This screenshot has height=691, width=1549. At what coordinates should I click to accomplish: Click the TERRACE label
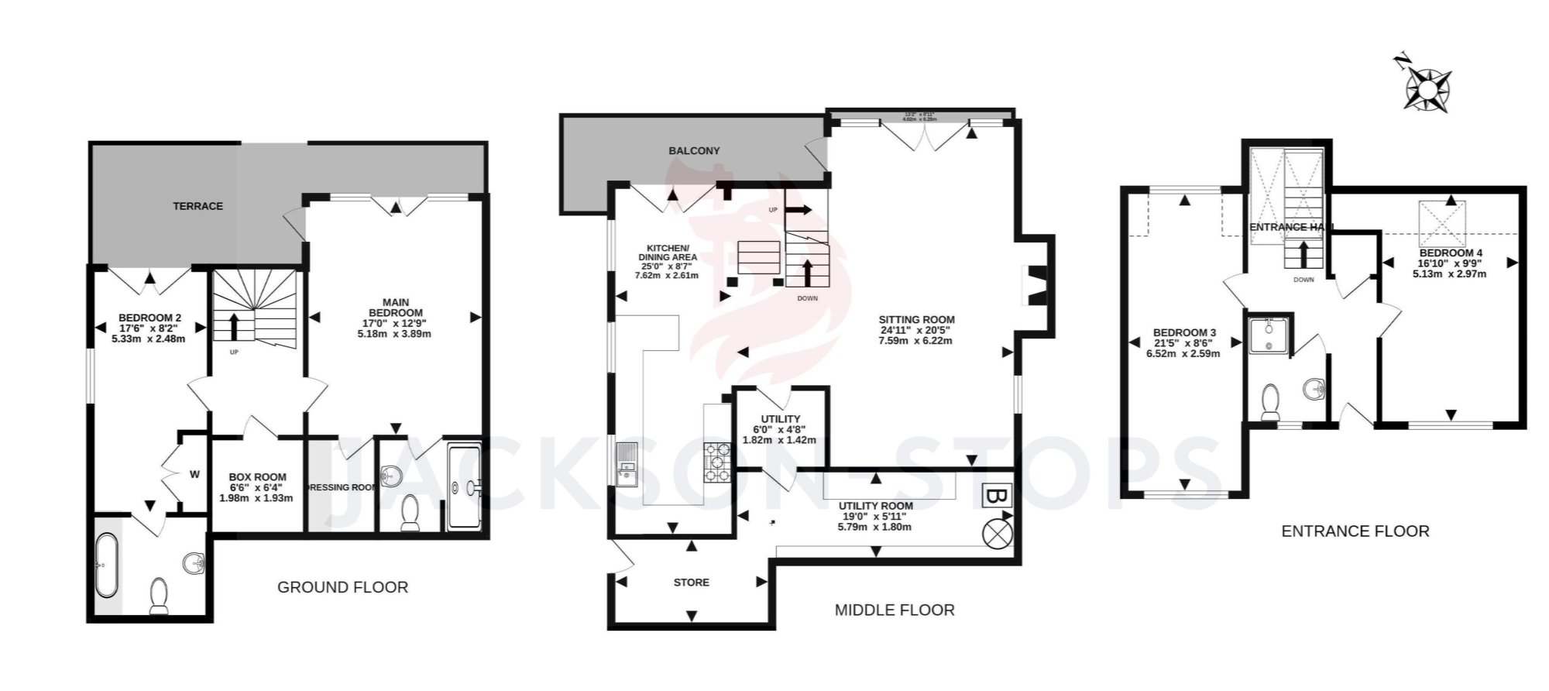[197, 206]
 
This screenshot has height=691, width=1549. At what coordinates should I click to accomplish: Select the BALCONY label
[694, 151]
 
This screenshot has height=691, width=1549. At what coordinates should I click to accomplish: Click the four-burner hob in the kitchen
[718, 462]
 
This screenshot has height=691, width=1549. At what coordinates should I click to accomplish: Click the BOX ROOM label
[257, 477]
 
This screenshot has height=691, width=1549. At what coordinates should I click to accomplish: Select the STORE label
[691, 583]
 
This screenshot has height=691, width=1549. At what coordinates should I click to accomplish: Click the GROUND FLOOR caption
[342, 587]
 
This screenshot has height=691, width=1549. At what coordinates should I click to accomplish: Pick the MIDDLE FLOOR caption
[894, 610]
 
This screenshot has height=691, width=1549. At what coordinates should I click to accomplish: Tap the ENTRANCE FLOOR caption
[1355, 531]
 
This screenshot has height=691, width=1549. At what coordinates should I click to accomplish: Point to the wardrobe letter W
[194, 474]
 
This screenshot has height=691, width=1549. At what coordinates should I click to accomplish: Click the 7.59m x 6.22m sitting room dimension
[916, 341]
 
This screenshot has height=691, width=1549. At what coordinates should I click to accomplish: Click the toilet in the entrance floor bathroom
[1270, 403]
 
